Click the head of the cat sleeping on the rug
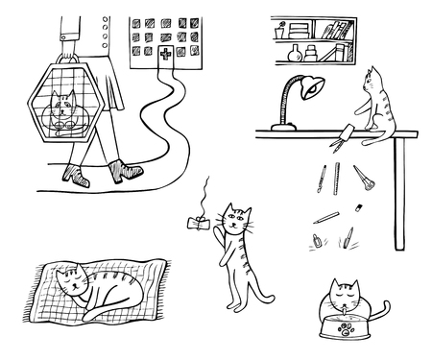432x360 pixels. pyautogui.click(x=70, y=281)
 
